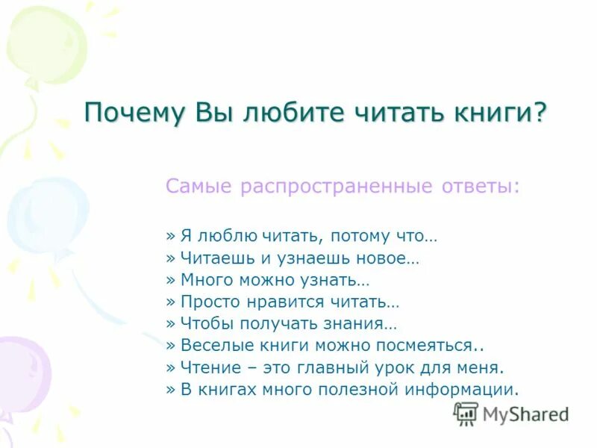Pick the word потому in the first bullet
tap(355, 237)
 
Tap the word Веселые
tap(213, 345)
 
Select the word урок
tap(414, 367)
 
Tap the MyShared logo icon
tap(466, 414)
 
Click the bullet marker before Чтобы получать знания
tap(170, 323)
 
